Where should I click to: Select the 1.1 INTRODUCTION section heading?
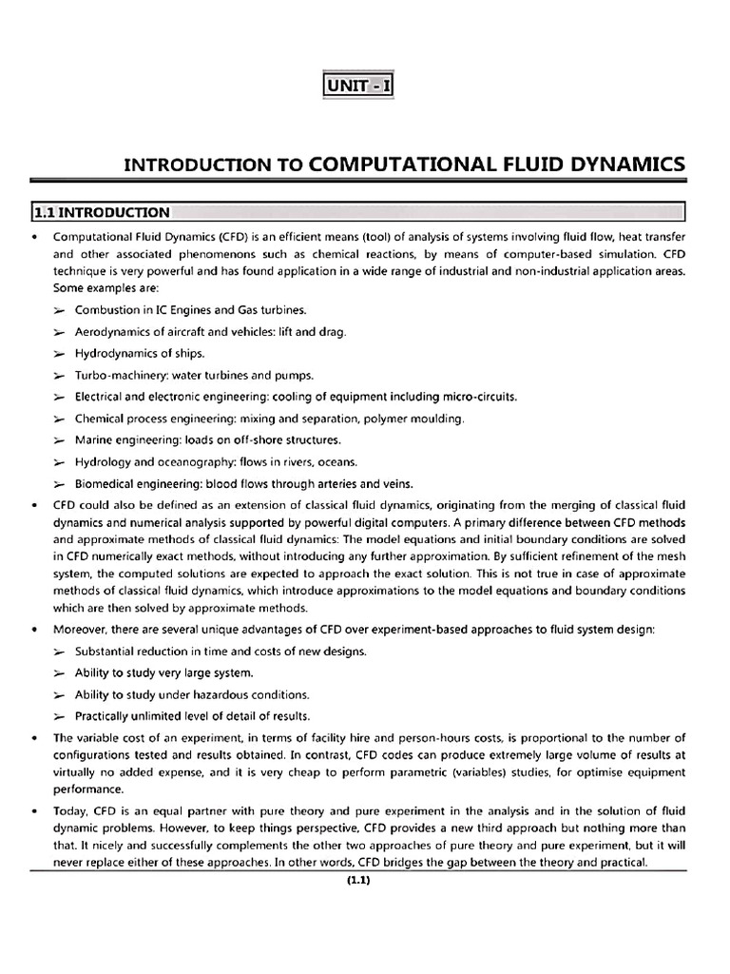coord(102,212)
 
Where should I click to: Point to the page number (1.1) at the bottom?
coord(357,880)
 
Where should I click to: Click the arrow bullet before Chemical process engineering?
coord(59,419)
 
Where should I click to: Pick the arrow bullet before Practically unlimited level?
coord(59,716)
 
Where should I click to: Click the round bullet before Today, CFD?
coord(35,811)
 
